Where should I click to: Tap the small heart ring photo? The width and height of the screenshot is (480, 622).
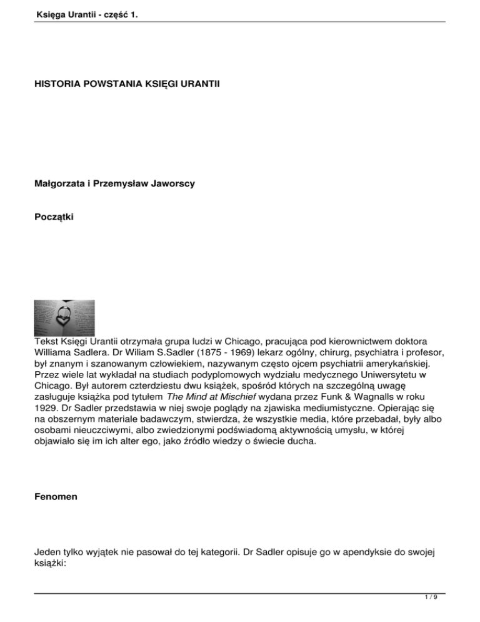point(64,317)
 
